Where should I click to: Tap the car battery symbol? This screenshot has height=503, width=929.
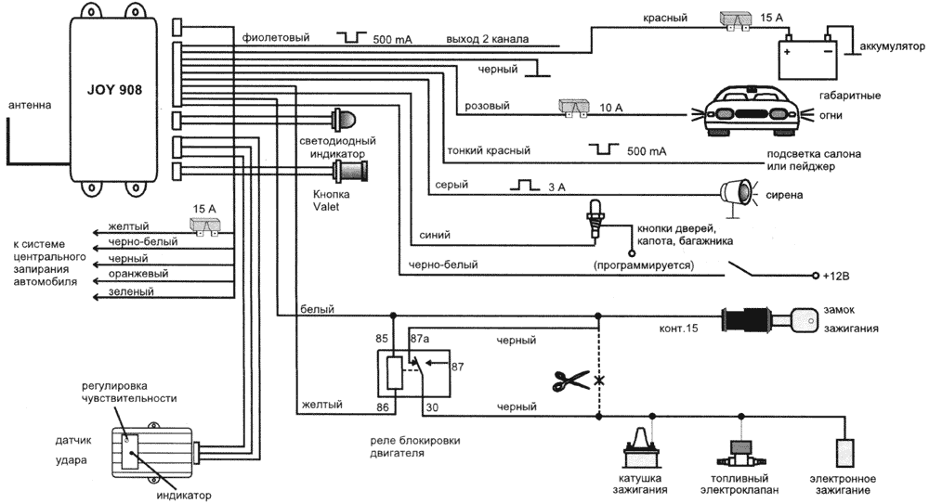tap(805, 57)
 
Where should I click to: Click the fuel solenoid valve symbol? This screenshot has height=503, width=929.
tap(740, 452)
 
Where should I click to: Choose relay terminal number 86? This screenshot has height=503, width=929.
tap(383, 406)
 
